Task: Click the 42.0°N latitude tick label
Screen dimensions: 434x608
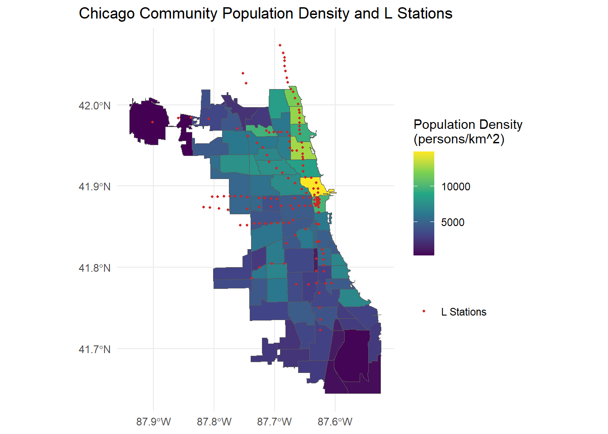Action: point(94,106)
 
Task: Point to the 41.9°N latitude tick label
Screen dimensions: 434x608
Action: point(94,187)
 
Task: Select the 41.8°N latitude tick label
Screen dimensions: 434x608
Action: point(94,268)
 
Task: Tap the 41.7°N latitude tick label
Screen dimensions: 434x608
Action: point(94,349)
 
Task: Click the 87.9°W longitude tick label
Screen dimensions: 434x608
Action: point(153,422)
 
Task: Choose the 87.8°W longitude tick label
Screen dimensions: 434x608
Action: point(214,422)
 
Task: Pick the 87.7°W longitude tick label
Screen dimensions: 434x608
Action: point(274,422)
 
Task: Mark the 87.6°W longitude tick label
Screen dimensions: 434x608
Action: point(335,422)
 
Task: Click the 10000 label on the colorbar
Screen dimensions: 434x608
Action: point(456,187)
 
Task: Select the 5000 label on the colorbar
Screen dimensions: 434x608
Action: point(452,222)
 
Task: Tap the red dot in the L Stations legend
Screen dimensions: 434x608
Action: point(424,311)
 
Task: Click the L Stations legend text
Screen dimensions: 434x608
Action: point(464,312)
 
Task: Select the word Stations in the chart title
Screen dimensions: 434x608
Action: point(425,14)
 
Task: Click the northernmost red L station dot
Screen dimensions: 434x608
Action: point(280,45)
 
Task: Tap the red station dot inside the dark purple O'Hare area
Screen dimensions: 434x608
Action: point(152,122)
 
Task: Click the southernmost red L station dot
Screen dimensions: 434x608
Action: point(320,330)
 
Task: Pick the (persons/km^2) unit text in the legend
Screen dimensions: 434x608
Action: point(459,139)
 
